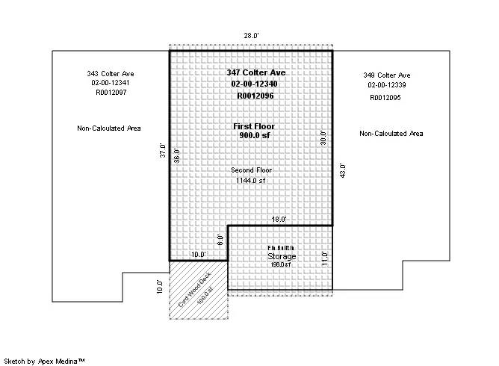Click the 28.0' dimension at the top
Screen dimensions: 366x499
(250, 35)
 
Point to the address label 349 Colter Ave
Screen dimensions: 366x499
(387, 75)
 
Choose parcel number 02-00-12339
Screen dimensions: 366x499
(387, 85)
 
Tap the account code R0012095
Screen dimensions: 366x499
(387, 97)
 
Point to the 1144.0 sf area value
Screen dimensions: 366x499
(248, 181)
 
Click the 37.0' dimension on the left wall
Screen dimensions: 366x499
(161, 150)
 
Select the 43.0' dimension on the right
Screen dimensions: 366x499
(342, 170)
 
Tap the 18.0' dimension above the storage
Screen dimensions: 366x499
(279, 220)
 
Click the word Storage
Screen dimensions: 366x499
(282, 256)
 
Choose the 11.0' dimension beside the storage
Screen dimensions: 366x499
(325, 258)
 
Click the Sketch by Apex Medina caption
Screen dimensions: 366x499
(46, 360)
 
